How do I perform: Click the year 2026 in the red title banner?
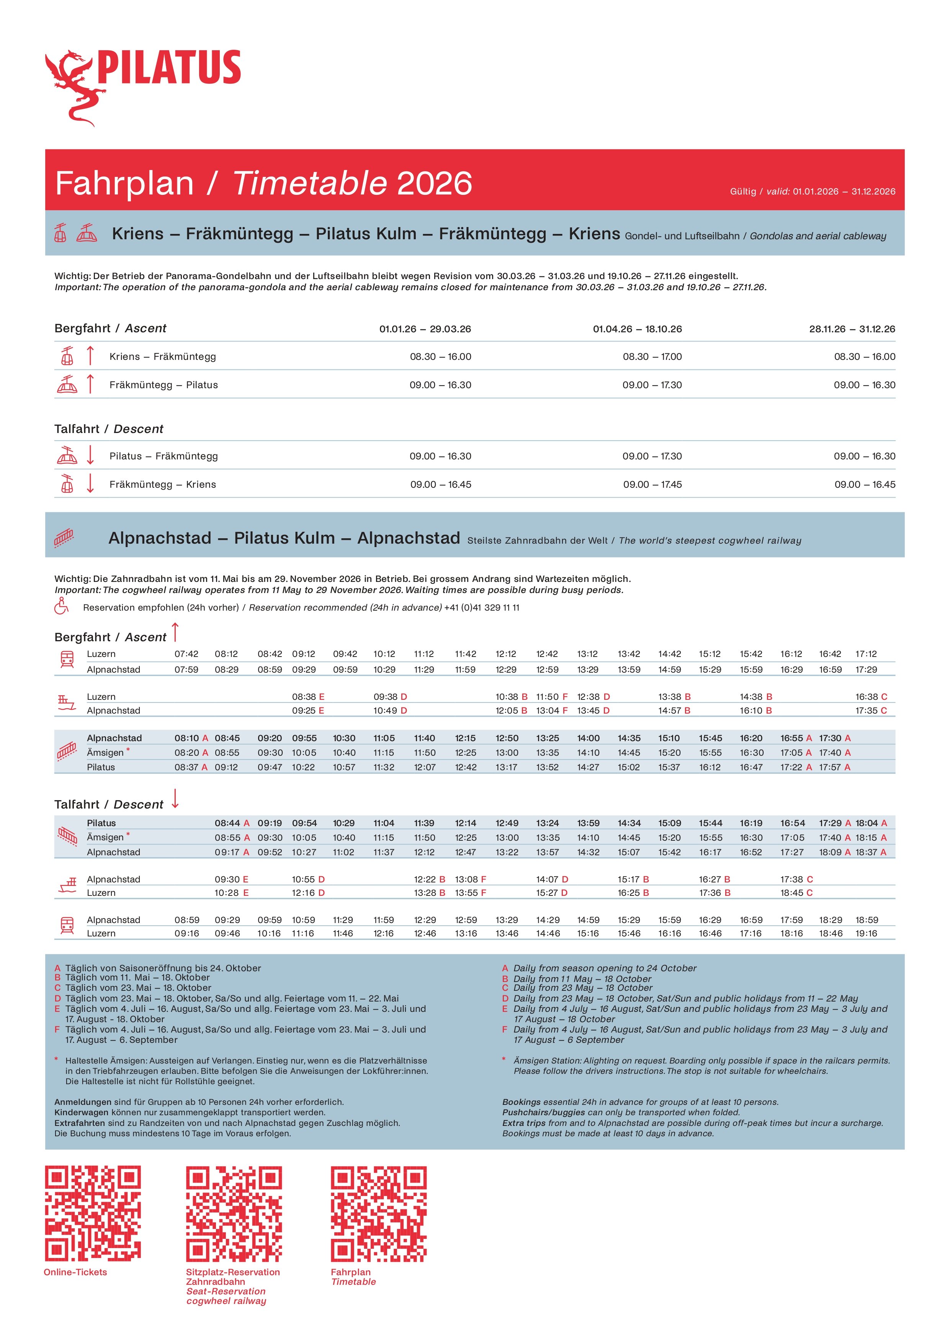(434, 184)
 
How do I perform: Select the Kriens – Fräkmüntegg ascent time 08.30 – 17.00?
(652, 356)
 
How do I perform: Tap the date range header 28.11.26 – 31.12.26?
(852, 329)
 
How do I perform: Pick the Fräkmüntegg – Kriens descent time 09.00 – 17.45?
(652, 484)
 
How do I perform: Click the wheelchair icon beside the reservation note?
(61, 606)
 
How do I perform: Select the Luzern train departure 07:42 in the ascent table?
(186, 654)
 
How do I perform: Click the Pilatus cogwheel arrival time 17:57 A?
(835, 767)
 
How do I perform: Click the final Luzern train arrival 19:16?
(867, 933)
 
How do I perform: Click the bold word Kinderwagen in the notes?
(81, 1112)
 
